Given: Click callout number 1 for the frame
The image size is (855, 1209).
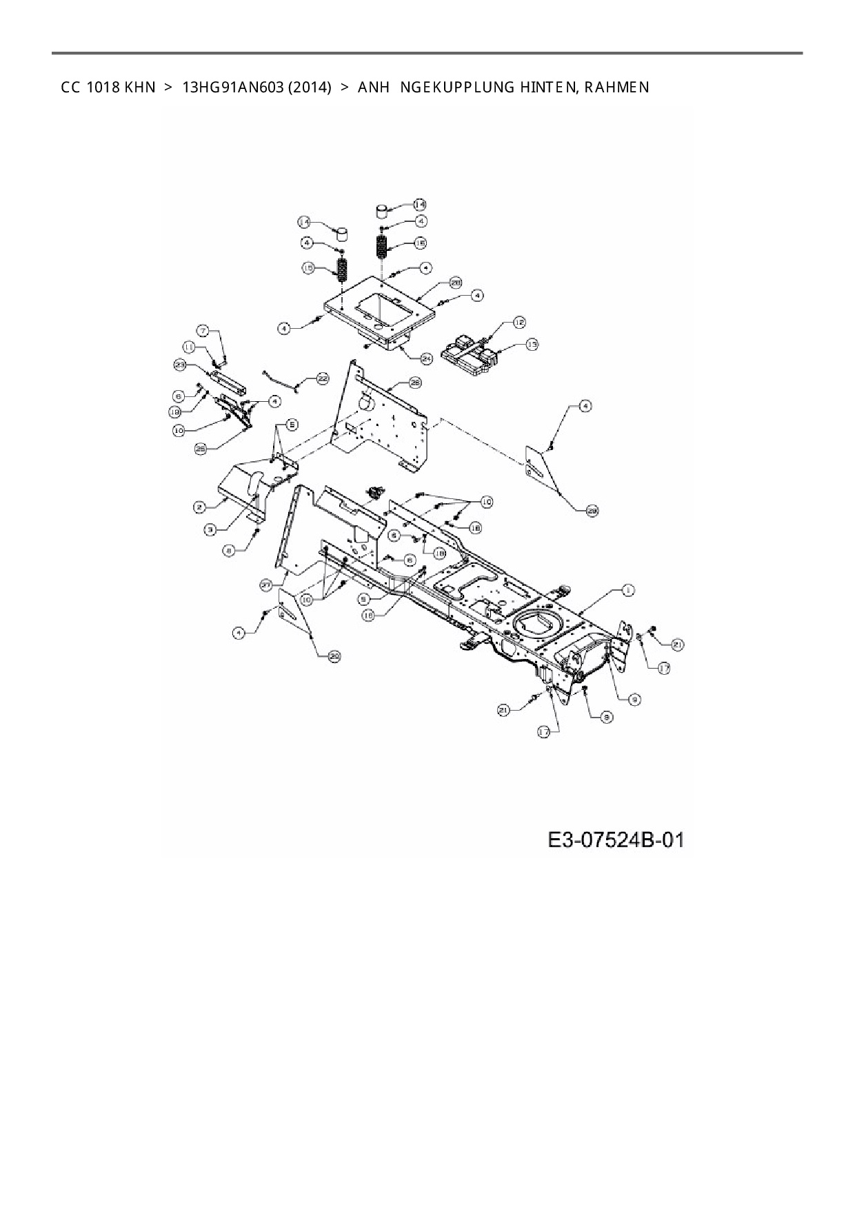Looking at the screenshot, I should click(x=628, y=590).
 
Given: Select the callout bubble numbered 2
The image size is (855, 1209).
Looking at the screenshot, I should click(x=199, y=507).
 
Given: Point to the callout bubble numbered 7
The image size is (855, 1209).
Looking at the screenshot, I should click(x=203, y=330).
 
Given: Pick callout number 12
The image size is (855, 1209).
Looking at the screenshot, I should click(x=519, y=323).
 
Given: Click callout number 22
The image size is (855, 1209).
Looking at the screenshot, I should click(x=322, y=378).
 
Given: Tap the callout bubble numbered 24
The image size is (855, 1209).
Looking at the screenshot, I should click(x=425, y=358).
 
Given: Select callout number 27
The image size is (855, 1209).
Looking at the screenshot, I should click(x=266, y=585).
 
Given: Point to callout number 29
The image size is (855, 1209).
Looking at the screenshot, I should click(x=592, y=511).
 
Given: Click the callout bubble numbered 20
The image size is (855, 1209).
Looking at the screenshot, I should click(x=334, y=657).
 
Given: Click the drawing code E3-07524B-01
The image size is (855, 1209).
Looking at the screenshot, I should click(x=616, y=840).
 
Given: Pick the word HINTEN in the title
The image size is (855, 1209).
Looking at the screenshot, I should click(x=541, y=88).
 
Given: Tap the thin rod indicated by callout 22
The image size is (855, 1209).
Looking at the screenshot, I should click(x=279, y=380).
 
